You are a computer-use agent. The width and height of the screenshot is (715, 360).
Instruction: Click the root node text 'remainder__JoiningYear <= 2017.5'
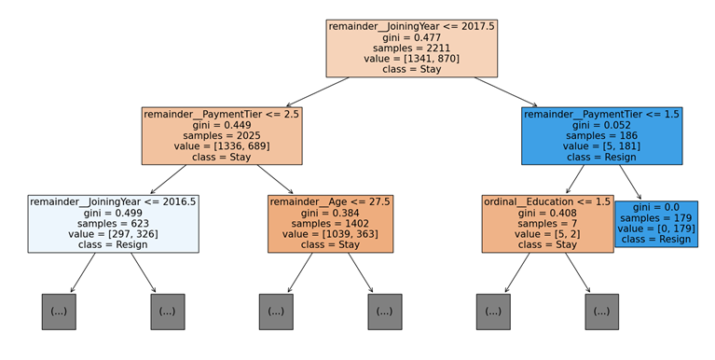click(411, 26)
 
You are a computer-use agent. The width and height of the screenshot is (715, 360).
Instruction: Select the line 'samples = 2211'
click(411, 48)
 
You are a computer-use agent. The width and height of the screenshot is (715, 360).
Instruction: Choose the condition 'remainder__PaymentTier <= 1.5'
click(601, 115)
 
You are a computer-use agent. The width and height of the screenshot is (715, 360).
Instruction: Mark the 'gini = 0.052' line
click(601, 125)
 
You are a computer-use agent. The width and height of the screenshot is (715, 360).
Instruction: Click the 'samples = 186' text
click(601, 136)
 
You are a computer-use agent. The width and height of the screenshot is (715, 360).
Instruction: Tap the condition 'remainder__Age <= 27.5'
click(330, 202)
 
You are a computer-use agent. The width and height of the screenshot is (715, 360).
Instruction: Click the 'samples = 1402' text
click(330, 224)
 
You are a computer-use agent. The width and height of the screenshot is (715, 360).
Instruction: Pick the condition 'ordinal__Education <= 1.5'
click(546, 202)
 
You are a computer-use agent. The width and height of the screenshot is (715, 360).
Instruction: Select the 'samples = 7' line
click(546, 224)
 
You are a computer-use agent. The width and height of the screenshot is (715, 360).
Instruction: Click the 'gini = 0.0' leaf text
click(656, 207)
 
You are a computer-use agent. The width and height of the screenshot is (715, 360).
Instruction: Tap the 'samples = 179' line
click(656, 218)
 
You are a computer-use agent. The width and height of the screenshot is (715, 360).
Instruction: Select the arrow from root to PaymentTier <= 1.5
click(506, 92)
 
